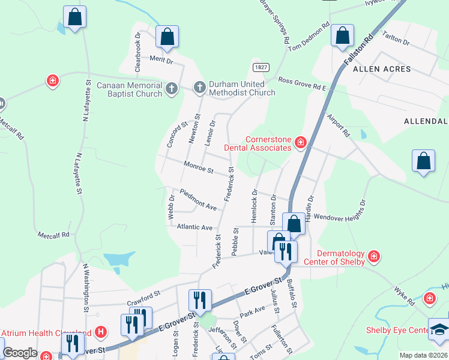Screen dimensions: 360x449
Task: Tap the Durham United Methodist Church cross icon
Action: click(x=200, y=88)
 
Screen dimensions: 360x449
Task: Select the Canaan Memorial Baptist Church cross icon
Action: click(x=172, y=89)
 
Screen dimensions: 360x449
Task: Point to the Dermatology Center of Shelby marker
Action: click(x=374, y=256)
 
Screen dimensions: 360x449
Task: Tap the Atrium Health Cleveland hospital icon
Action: click(x=101, y=331)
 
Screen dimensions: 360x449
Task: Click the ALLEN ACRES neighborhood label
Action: click(x=382, y=69)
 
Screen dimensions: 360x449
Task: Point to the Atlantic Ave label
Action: click(x=194, y=227)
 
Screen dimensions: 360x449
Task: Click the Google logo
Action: click(x=20, y=353)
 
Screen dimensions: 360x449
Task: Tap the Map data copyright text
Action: click(x=423, y=355)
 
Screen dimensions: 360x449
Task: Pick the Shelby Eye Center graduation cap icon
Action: click(x=441, y=330)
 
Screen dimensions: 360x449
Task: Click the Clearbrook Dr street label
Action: click(x=137, y=52)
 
